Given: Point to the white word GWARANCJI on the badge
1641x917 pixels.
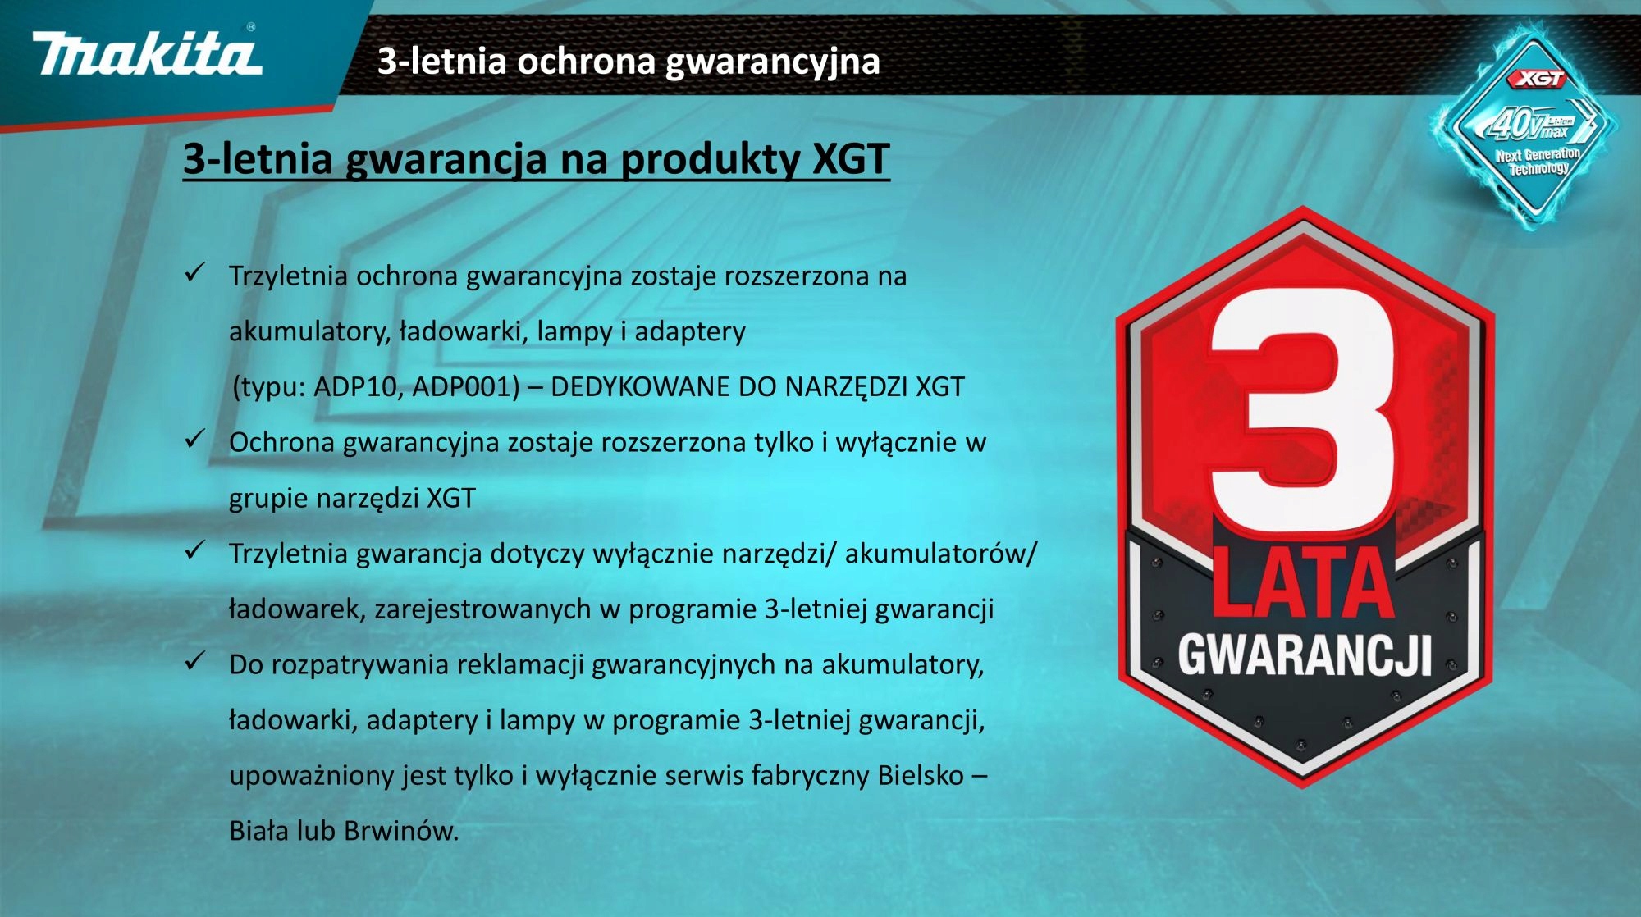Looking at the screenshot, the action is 1305,655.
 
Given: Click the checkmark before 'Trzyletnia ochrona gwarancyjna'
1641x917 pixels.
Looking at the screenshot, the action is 194,273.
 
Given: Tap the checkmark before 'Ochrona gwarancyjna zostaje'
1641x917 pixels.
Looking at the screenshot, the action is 194,440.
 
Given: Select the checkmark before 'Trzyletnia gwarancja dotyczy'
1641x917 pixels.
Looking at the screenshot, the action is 194,550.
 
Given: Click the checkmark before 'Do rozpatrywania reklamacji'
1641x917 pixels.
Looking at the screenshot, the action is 194,661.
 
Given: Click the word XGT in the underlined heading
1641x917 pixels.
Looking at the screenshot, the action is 851,158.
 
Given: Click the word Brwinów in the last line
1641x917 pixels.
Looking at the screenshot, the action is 401,831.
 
